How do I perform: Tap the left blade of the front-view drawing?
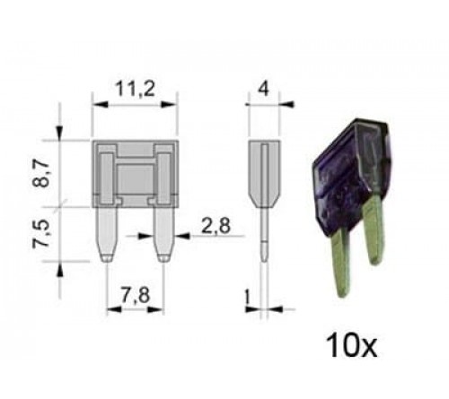click(107, 230)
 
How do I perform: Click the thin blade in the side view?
click(263, 238)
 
